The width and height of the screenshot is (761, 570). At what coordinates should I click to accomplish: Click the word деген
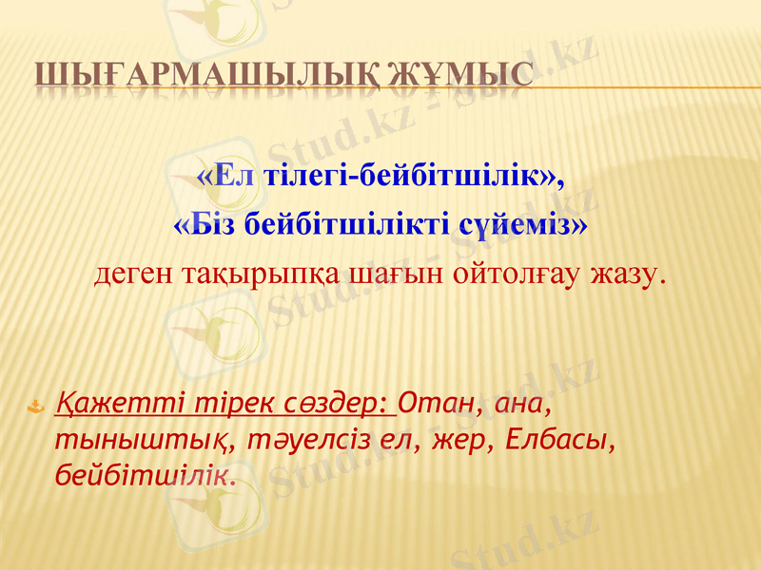click(133, 275)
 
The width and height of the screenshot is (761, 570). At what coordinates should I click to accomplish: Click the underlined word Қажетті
click(106, 405)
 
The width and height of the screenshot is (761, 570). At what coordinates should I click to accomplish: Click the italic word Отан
click(437, 405)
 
